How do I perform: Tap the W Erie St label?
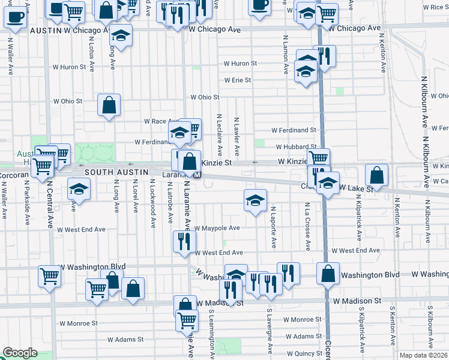[238, 80]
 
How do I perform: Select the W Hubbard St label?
[296, 146]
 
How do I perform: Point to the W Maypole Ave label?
[217, 228]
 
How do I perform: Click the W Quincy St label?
[304, 353]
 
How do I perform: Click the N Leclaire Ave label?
[220, 133]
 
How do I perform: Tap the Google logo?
[20, 353]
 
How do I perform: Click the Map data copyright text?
[424, 355]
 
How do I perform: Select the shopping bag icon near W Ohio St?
[110, 106]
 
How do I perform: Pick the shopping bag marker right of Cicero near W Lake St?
[376, 175]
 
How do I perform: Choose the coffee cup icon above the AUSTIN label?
[15, 16]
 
